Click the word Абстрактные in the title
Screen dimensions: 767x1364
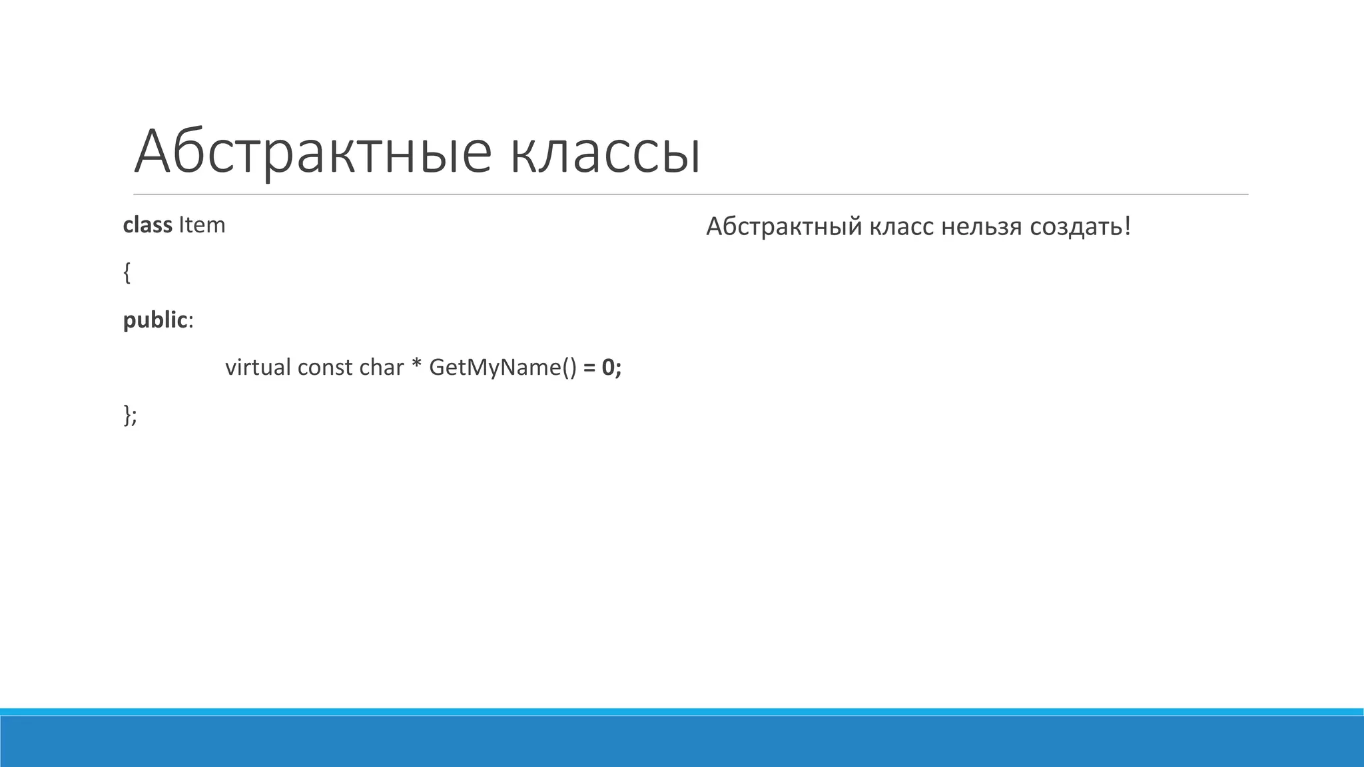(312, 152)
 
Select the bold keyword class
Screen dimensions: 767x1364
(147, 225)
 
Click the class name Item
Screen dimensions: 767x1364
(202, 225)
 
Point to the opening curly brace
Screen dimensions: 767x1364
(127, 272)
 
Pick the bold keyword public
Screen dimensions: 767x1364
(155, 320)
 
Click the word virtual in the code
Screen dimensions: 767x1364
(258, 367)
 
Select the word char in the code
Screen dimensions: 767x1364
(381, 368)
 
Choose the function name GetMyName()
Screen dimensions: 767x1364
(503, 368)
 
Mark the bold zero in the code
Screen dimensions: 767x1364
(607, 368)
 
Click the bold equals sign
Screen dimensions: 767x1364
(589, 368)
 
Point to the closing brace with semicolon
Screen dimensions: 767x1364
(130, 415)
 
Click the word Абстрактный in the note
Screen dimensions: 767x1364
(783, 227)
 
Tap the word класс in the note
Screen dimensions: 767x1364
(902, 228)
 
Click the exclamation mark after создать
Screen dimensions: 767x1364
(1127, 226)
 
